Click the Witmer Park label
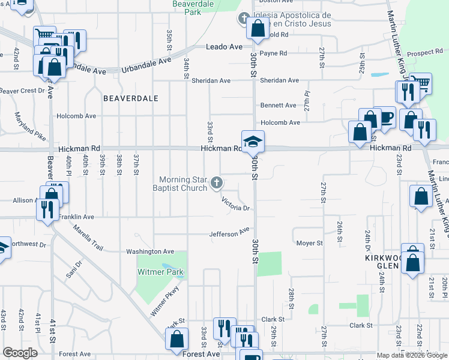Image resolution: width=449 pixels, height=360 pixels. (x=161, y=272)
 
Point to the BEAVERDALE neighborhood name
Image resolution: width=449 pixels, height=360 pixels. (x=130, y=98)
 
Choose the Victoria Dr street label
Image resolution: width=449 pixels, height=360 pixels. (x=235, y=204)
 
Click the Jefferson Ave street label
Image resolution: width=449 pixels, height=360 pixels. (x=229, y=232)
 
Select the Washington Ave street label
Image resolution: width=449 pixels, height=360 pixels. (x=149, y=251)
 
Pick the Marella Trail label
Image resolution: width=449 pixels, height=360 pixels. (x=88, y=237)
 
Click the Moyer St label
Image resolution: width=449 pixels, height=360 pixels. (x=310, y=244)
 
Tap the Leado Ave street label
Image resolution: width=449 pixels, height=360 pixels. (x=224, y=47)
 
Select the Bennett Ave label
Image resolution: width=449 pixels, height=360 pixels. (x=278, y=105)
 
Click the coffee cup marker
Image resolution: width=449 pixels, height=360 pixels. (x=384, y=118)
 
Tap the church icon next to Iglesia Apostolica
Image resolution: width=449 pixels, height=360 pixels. (x=244, y=19)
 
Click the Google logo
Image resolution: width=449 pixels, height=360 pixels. (x=20, y=353)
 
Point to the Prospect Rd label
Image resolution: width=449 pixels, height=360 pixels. (x=424, y=53)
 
